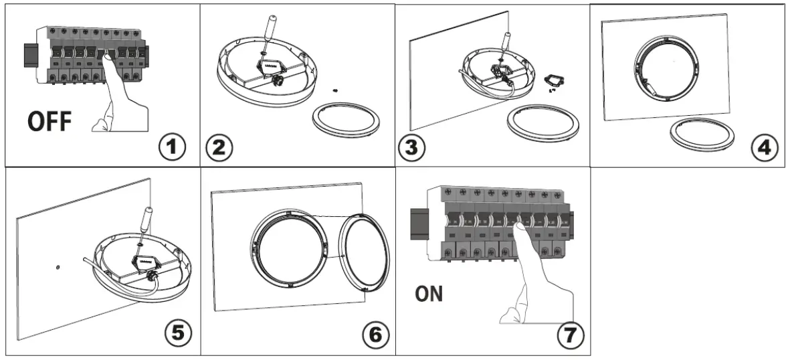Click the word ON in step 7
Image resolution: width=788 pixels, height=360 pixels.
pyautogui.click(x=428, y=294)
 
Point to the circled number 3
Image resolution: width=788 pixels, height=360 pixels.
pyautogui.click(x=411, y=148)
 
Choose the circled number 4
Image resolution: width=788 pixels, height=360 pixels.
pyautogui.click(x=763, y=148)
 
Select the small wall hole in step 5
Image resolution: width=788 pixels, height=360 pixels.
pyautogui.click(x=58, y=267)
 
